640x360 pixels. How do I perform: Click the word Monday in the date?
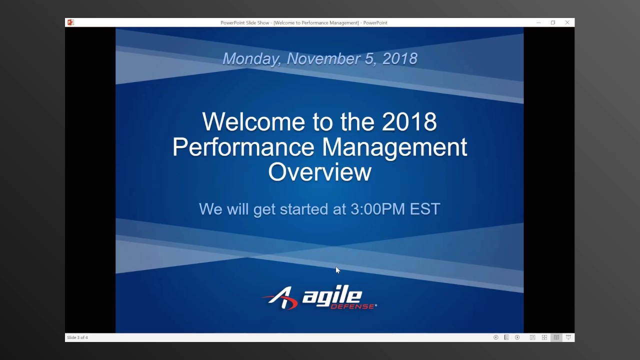point(251,59)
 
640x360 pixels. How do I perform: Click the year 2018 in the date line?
point(399,58)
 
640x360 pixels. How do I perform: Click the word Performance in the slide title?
point(243,147)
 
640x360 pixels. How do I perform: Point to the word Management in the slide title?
point(394,147)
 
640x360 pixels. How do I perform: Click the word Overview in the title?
point(319,172)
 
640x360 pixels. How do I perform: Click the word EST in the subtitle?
point(425,209)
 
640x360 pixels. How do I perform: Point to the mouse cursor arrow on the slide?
point(337,270)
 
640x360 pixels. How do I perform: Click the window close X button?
point(567,22)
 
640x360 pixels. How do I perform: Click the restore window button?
point(553,22)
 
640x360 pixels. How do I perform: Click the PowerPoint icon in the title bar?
point(70,22)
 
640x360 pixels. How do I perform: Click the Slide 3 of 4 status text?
point(77,337)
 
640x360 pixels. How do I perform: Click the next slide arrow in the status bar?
point(517,337)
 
